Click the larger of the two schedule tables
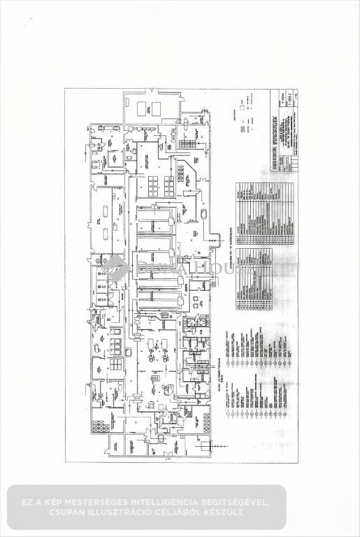[x=265, y=214]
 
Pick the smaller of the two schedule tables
[x=254, y=279]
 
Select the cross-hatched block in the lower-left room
[x=100, y=426]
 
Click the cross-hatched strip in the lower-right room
[x=206, y=422]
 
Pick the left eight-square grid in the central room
[x=153, y=186]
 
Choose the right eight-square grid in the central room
[x=169, y=186]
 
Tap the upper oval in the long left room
[x=105, y=210]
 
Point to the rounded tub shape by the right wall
[x=205, y=214]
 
